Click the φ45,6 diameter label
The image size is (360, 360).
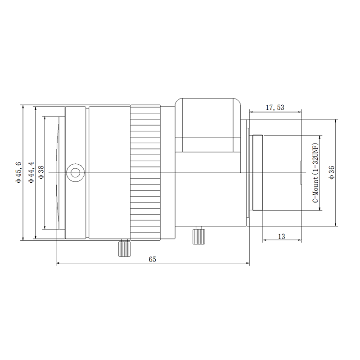[18, 172]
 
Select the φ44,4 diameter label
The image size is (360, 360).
[31, 172]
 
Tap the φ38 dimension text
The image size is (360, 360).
[41, 172]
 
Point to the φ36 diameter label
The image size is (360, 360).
[332, 172]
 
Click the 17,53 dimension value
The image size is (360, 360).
[275, 107]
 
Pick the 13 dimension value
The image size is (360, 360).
[282, 236]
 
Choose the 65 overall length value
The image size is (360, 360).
[152, 259]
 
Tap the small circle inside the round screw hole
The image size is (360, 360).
[75, 173]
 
